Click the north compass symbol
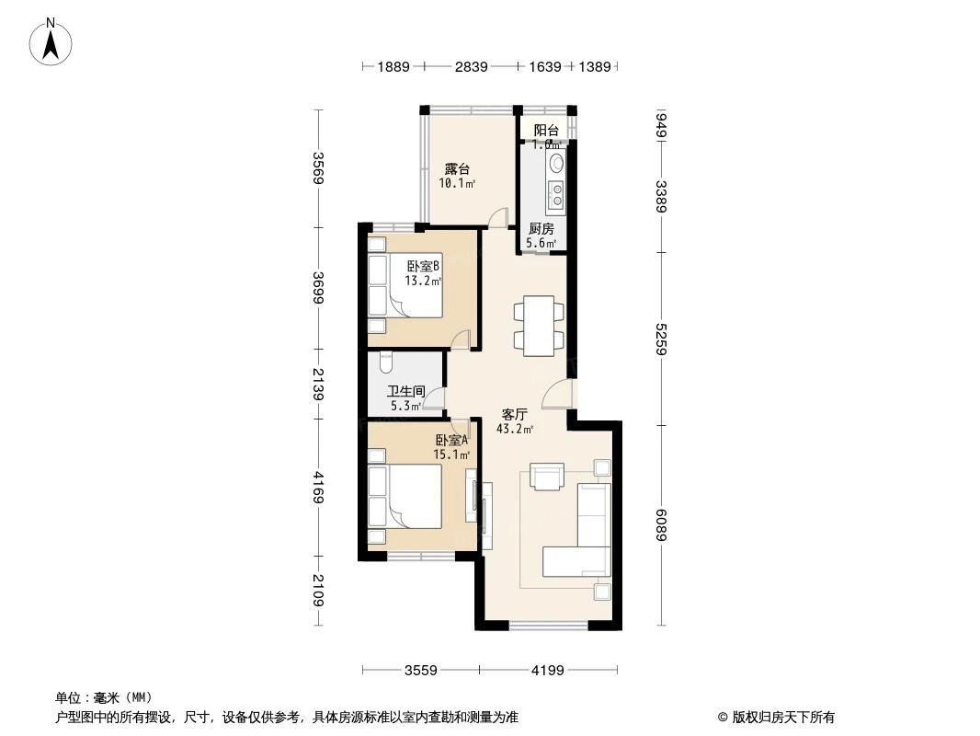pos(53,41)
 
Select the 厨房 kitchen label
pos(541,229)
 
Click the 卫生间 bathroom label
pos(405,390)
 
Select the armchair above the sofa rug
pos(548,477)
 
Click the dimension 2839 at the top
pos(471,66)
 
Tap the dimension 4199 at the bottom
pos(546,670)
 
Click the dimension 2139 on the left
pos(318,384)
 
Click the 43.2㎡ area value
pos(514,429)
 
